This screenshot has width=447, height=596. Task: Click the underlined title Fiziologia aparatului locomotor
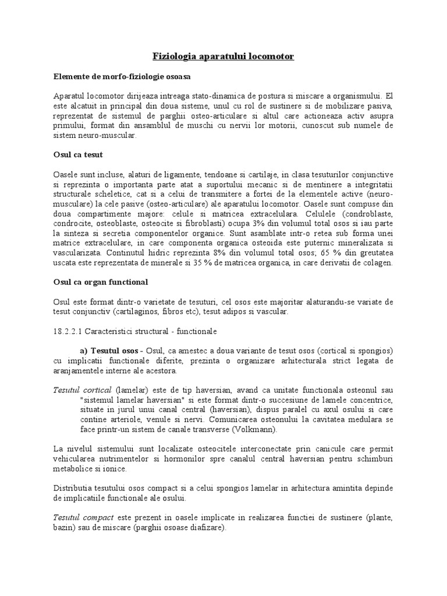pos(223,56)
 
